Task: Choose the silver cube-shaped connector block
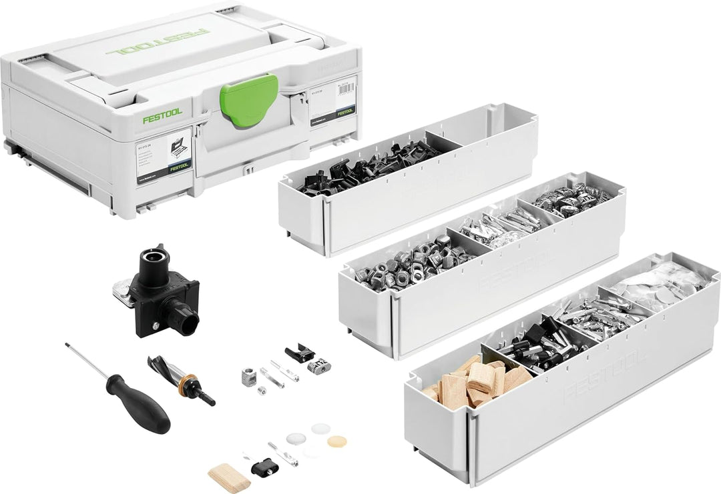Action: pyautogui.click(x=250, y=377)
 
